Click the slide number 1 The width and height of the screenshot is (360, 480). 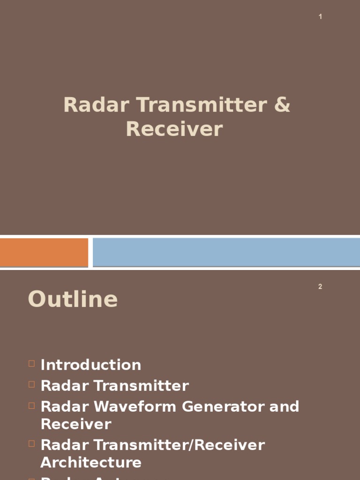320,17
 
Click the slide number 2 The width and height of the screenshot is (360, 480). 320,287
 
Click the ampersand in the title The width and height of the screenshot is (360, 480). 281,105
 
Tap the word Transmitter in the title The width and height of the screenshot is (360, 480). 201,105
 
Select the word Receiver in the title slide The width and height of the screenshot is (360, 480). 174,129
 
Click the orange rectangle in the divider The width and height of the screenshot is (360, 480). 44,252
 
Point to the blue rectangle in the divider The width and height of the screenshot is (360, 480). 226,252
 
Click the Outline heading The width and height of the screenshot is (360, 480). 73,299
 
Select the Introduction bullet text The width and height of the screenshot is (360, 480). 91,365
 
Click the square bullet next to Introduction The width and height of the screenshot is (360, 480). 31,363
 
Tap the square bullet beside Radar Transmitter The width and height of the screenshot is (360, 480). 31,384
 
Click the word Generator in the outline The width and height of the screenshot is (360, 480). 223,406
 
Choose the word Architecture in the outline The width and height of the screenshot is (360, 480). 91,462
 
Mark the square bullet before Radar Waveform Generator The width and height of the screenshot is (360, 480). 31,405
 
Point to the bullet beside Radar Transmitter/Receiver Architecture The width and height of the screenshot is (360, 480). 31,443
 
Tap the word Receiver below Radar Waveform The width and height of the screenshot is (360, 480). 76,424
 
